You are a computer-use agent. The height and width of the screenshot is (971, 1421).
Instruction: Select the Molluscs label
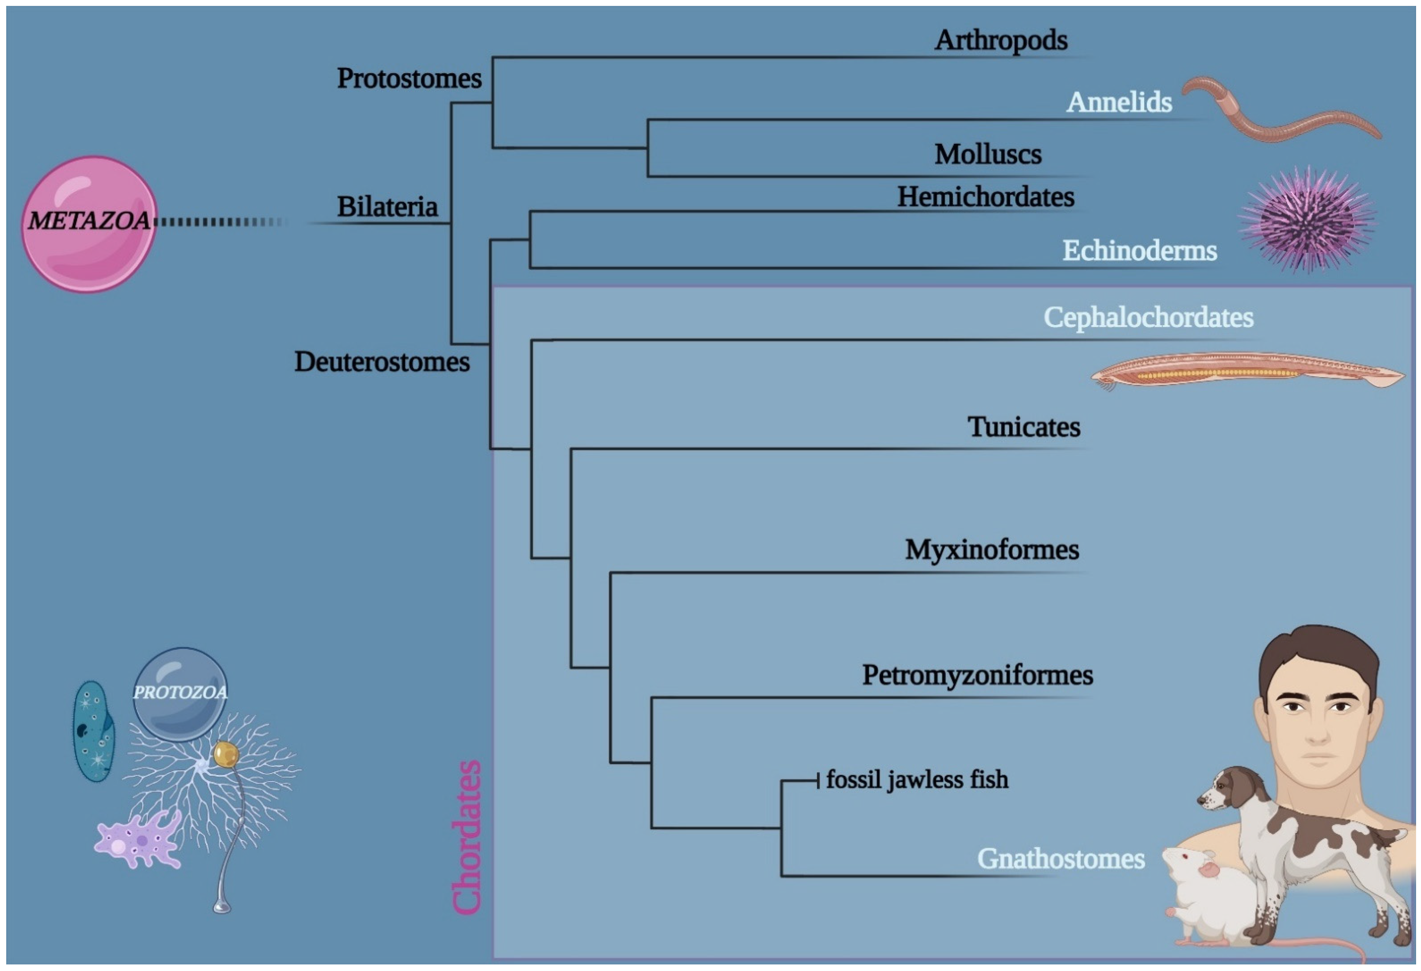coord(987,154)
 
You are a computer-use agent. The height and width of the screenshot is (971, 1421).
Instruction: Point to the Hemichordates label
coord(985,197)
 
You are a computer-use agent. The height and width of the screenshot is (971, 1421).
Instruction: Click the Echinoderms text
coord(1139,250)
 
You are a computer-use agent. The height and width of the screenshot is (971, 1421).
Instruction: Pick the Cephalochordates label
coord(1148,317)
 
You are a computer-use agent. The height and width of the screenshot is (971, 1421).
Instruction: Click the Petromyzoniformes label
coord(977,675)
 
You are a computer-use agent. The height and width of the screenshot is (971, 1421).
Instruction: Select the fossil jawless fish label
coord(916,780)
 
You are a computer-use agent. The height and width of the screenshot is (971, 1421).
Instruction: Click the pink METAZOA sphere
coord(89,224)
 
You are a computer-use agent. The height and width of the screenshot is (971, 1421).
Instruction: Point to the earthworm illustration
coord(1278,116)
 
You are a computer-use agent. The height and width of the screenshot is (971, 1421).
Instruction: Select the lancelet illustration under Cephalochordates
coord(1247,371)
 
